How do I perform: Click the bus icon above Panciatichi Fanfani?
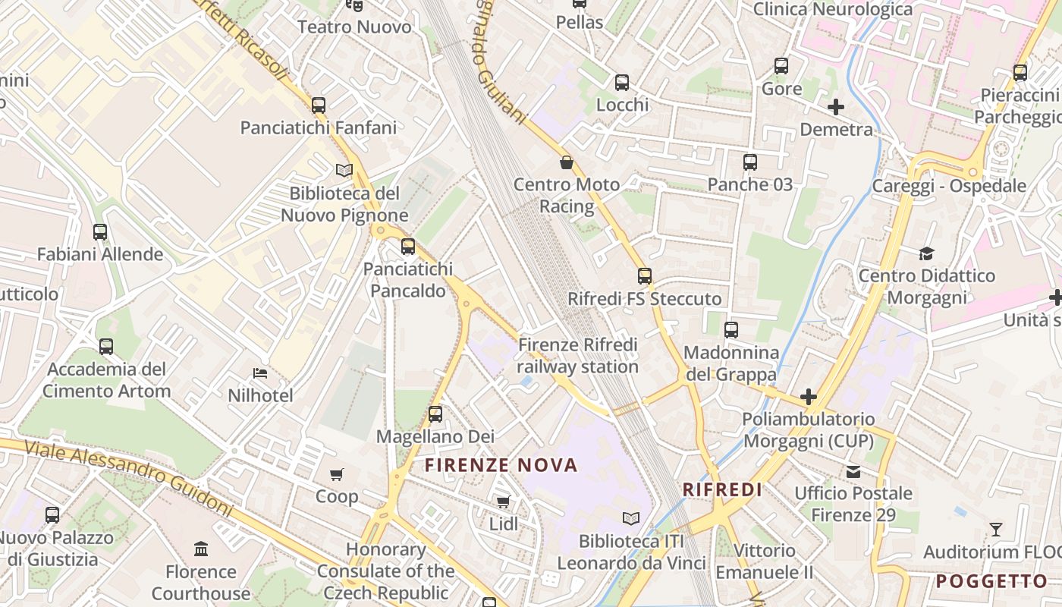pos(319,105)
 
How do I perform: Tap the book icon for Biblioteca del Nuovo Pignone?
pos(344,170)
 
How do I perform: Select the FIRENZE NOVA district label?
pos(501,465)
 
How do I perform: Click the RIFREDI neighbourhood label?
pos(722,489)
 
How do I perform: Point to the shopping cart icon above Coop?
pos(337,475)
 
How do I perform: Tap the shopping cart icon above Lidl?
pos(503,502)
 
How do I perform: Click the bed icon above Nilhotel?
pos(260,373)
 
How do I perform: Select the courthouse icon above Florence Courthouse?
pos(201,549)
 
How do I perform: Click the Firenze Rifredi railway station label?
pos(578,356)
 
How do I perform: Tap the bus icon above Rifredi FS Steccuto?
pos(645,276)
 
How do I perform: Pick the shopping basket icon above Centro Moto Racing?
pos(567,162)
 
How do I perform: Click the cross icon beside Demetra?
pos(836,107)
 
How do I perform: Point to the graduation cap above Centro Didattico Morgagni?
pos(926,253)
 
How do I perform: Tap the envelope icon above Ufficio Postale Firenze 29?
pos(853,471)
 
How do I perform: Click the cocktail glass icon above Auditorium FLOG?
pos(996,529)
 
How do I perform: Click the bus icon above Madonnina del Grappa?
pos(731,330)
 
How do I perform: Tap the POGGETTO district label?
pos(991,582)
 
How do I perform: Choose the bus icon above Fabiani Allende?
pos(100,232)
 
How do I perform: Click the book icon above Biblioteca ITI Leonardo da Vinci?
pos(631,519)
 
